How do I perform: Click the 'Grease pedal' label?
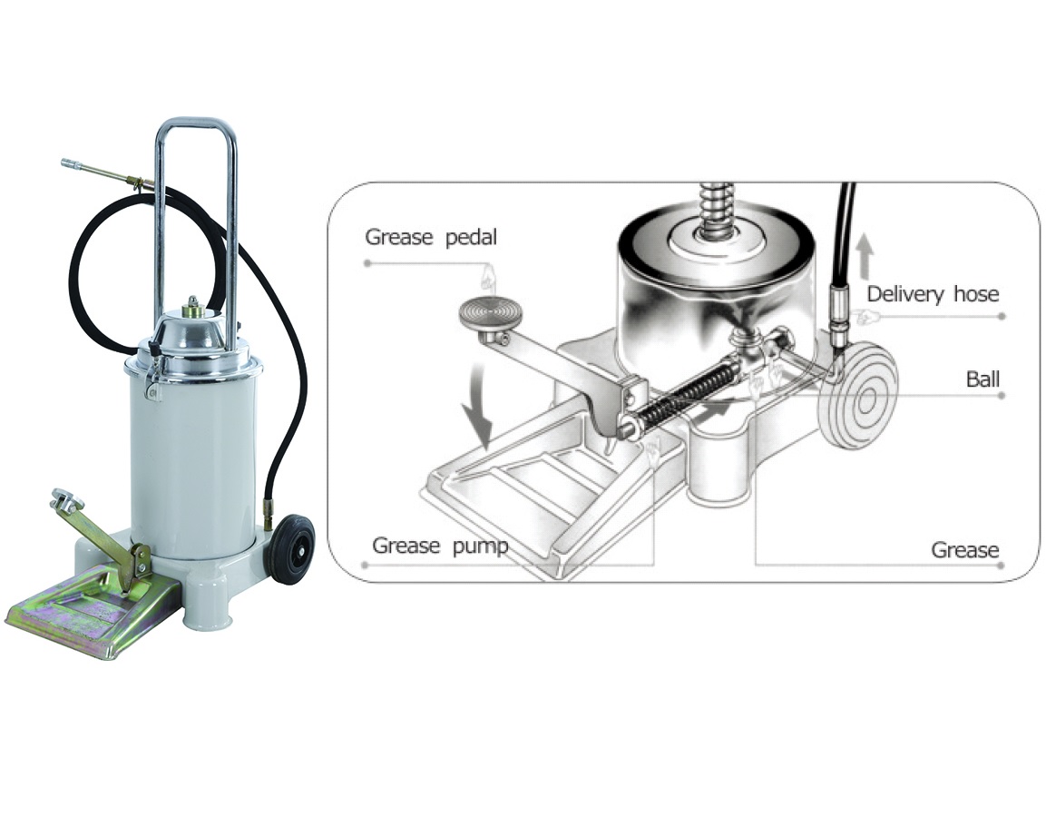(x=431, y=237)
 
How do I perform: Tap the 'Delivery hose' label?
(x=933, y=294)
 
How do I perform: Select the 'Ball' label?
(x=982, y=379)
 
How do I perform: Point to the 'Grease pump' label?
(x=440, y=546)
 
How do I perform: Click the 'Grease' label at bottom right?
(x=964, y=550)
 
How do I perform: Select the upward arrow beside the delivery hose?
(x=865, y=256)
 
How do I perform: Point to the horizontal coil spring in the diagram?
(x=685, y=395)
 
